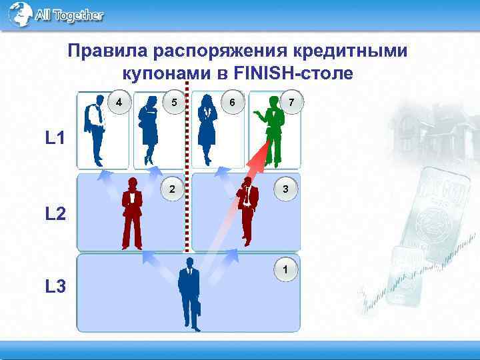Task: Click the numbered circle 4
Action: click(118, 103)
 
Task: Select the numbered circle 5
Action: click(173, 103)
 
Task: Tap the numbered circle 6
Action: click(231, 103)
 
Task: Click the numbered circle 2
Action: click(173, 189)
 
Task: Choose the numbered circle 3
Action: click(285, 189)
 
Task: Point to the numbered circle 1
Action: click(285, 270)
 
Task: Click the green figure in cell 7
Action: click(272, 130)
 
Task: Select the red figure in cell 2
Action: click(132, 213)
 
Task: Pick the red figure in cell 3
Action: click(247, 210)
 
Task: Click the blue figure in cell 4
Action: click(95, 130)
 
